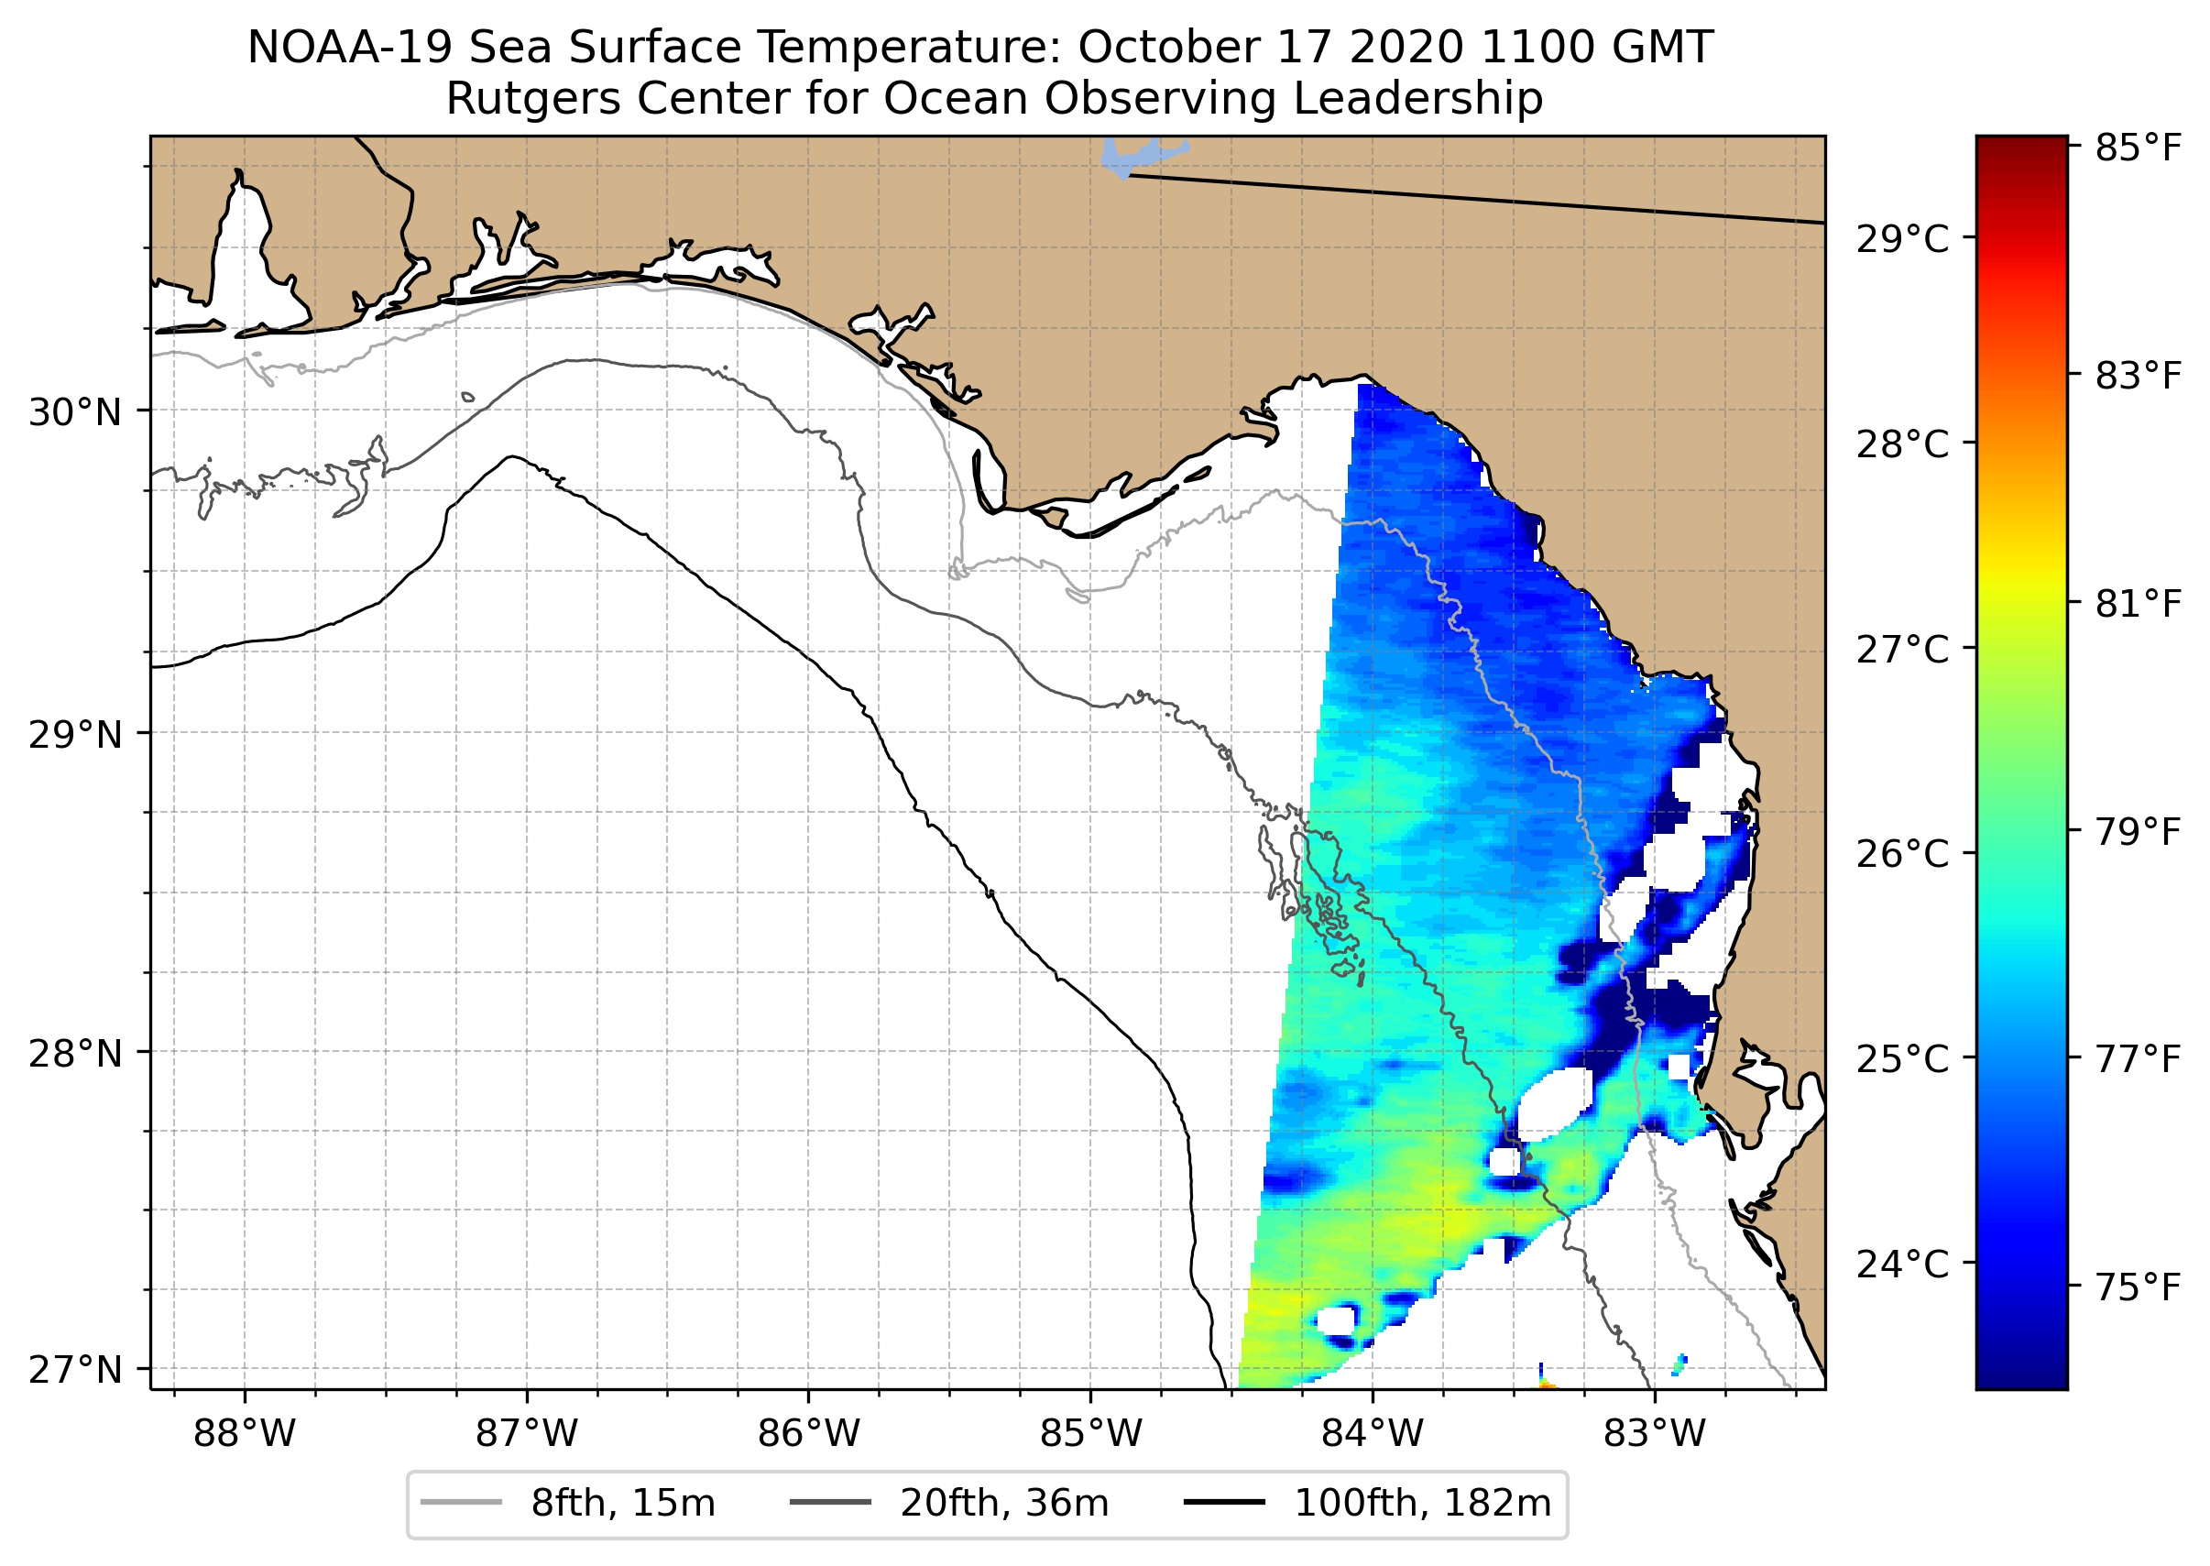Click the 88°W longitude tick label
click(x=244, y=1434)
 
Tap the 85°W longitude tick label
click(x=1090, y=1434)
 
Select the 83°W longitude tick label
click(x=1655, y=1434)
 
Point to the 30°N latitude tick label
click(x=75, y=412)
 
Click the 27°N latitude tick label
click(x=75, y=1369)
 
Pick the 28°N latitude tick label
click(x=75, y=1053)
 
